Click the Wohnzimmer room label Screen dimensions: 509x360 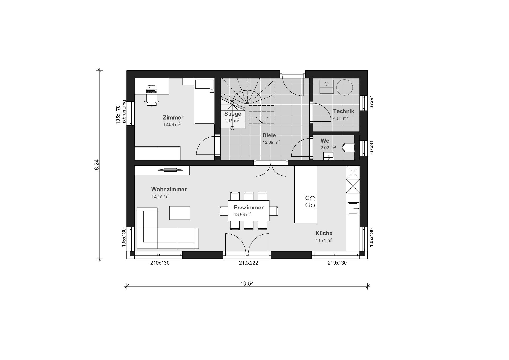point(169,189)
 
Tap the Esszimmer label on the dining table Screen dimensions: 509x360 point(249,208)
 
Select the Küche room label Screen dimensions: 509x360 point(324,233)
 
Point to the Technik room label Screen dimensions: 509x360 point(344,111)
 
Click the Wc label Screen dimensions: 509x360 point(325,141)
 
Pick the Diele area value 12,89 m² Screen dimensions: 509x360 point(271,142)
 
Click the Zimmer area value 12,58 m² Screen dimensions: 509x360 point(172,124)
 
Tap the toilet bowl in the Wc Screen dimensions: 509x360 point(348,148)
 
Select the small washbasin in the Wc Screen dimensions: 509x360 point(329,156)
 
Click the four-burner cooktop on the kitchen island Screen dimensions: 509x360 point(310,201)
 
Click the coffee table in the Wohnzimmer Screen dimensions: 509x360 point(180,213)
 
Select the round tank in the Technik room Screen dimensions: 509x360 point(345,87)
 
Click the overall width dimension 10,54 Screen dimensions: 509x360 point(247,283)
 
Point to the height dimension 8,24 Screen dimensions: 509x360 point(96,165)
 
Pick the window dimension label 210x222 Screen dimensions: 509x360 point(248,263)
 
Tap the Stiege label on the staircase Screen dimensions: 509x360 point(233,114)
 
